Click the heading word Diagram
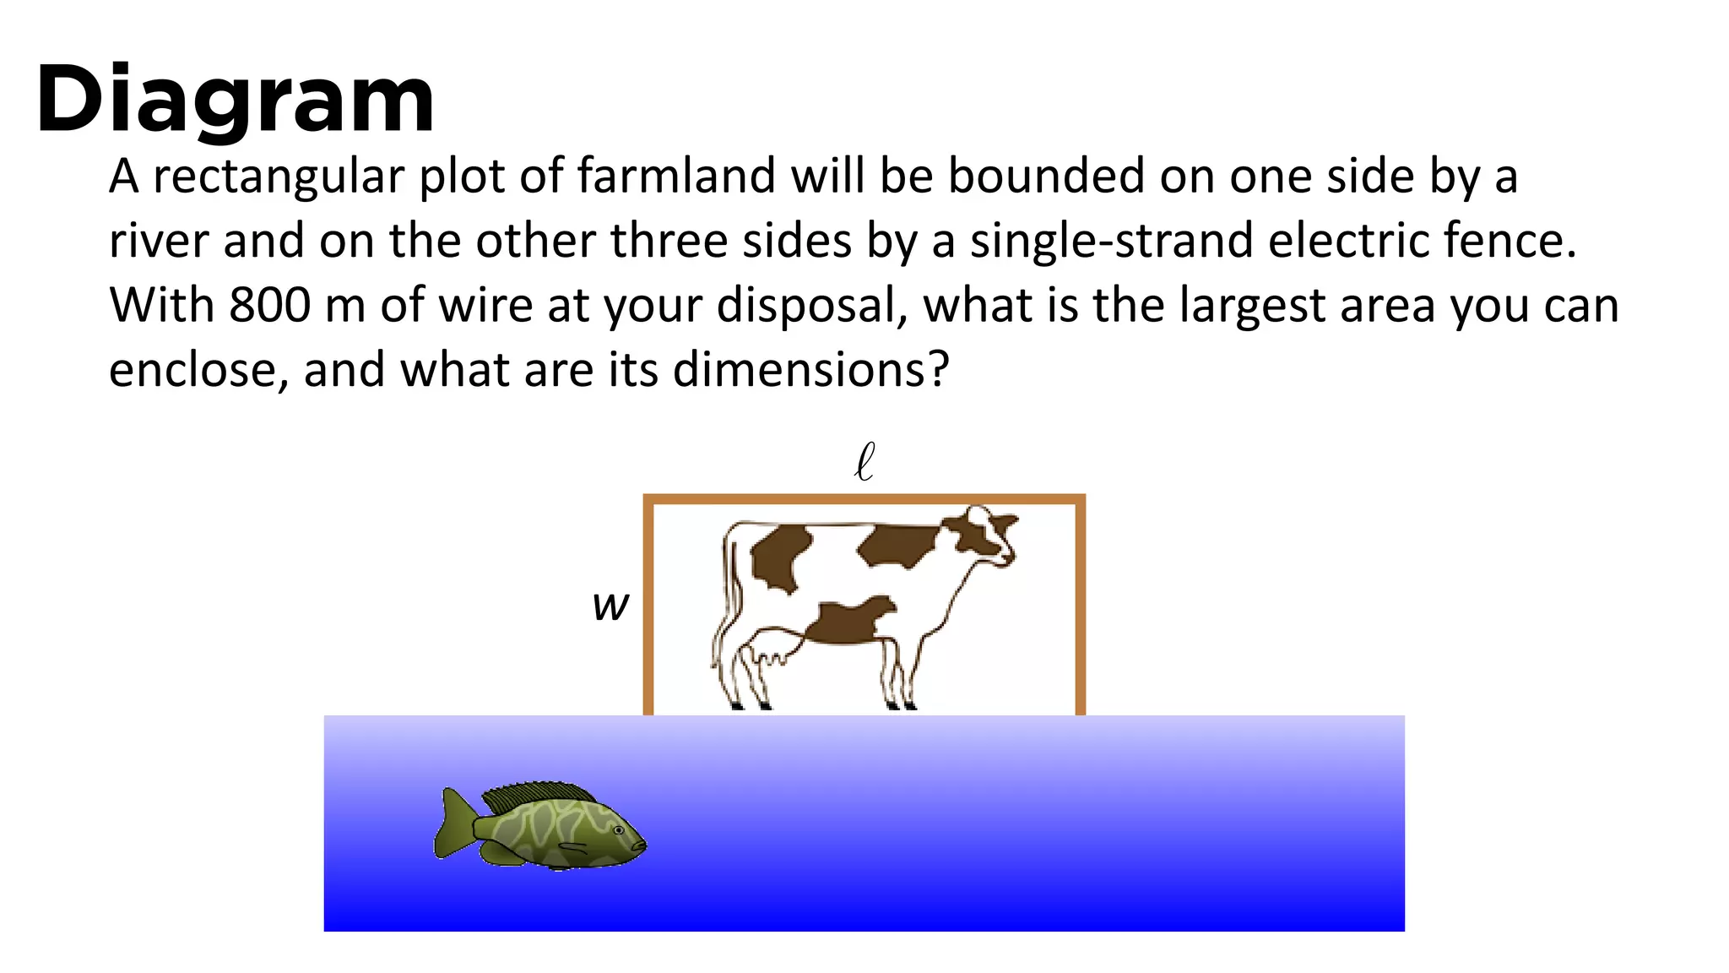click(x=235, y=100)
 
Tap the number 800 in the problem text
click(x=269, y=305)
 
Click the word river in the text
click(x=159, y=241)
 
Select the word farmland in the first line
click(x=675, y=177)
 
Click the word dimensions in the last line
click(x=810, y=370)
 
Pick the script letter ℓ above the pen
click(x=864, y=462)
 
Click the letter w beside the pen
click(x=610, y=606)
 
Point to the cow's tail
click(x=726, y=591)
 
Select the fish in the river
click(x=540, y=826)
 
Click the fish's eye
click(x=619, y=830)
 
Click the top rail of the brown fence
click(x=864, y=499)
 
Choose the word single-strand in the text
click(x=1111, y=241)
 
